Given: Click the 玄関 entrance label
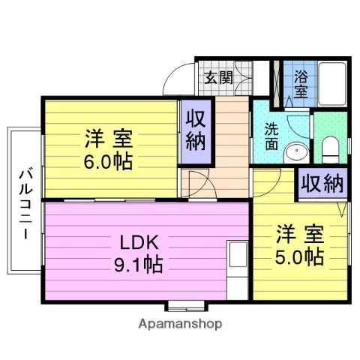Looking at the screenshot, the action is (218, 78).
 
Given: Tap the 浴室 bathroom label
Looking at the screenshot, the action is (301, 84).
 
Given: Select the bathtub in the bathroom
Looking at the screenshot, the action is (332, 84).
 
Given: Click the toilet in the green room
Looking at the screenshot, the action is (330, 150).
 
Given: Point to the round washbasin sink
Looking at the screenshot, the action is (296, 151).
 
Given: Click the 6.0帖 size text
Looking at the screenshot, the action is (108, 162).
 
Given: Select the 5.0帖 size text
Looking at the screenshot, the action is (299, 256).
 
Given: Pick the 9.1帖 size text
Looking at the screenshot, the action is (139, 264).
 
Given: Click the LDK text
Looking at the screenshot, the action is (139, 242).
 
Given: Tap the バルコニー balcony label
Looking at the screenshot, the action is (25, 205).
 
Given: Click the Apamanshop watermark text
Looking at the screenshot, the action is (180, 324).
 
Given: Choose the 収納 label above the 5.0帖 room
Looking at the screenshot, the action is (322, 184).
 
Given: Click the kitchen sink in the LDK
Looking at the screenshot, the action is (238, 253).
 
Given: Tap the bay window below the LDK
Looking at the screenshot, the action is (187, 307).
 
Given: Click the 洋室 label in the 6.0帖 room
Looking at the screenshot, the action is (109, 139).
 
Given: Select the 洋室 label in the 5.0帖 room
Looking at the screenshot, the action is (300, 234).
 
